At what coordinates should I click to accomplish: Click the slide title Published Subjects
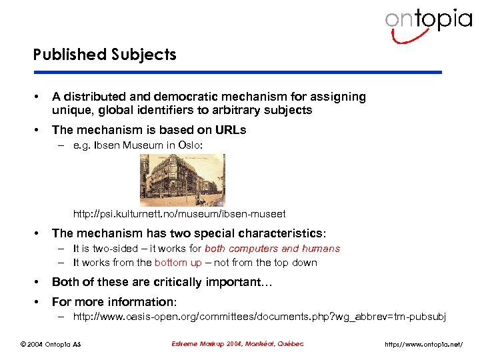105,55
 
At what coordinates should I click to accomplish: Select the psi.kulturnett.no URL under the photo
179,214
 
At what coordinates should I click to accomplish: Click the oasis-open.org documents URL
259,316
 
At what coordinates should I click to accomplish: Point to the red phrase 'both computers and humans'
272,249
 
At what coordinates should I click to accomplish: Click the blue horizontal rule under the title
237,72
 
